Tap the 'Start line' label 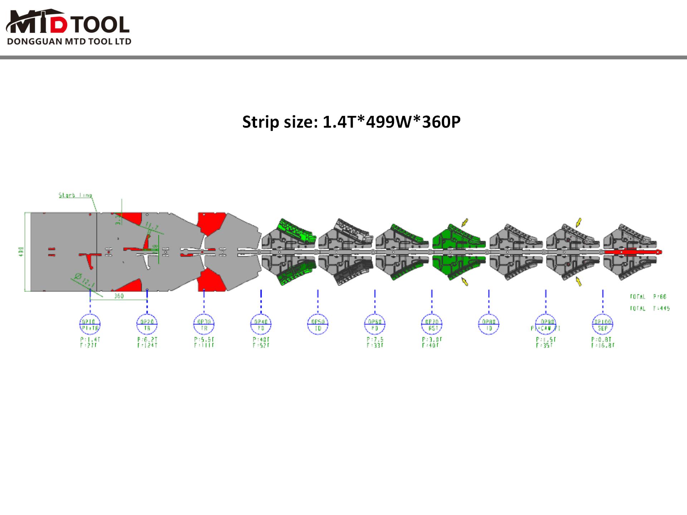[75, 195]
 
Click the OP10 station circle [90, 325]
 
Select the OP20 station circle [147, 325]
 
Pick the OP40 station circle [261, 325]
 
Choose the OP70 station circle [432, 325]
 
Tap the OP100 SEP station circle [603, 325]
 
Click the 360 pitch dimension [118, 296]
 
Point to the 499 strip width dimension [21, 252]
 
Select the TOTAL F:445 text [650, 308]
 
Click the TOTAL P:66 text [648, 296]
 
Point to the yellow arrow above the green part [465, 222]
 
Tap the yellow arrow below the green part [464, 282]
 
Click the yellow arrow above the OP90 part [579, 222]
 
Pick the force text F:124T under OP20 [147, 345]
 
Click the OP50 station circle [318, 325]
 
